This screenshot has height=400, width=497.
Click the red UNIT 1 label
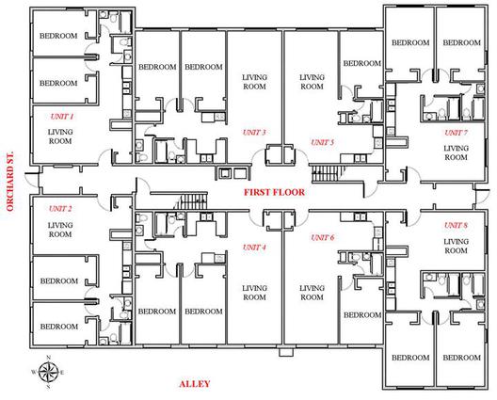[x=62, y=117]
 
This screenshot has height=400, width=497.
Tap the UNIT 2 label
[x=60, y=209]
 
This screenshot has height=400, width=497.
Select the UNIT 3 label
[x=254, y=133]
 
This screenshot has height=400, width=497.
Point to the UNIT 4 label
[x=254, y=248]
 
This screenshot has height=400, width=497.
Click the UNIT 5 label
[x=322, y=143]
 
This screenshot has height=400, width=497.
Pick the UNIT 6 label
[x=322, y=238]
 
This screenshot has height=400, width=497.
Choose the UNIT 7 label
[x=457, y=133]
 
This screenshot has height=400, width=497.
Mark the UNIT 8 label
[x=456, y=225]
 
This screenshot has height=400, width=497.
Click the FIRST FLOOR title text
[x=274, y=192]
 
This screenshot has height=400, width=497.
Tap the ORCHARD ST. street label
[x=10, y=182]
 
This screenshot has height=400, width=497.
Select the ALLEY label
[x=195, y=384]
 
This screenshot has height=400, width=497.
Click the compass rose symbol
[x=48, y=373]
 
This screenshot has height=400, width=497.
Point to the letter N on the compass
[x=49, y=358]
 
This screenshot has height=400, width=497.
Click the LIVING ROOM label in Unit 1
[x=60, y=136]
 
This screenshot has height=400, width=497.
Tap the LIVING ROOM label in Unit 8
[x=456, y=246]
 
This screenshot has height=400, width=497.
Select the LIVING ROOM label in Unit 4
[x=254, y=293]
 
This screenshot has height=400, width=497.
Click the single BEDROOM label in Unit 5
[x=362, y=63]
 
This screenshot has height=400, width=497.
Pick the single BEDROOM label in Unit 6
[x=362, y=315]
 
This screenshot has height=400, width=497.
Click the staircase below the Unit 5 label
[x=328, y=174]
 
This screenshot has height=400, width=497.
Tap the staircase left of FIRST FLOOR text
[x=192, y=201]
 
